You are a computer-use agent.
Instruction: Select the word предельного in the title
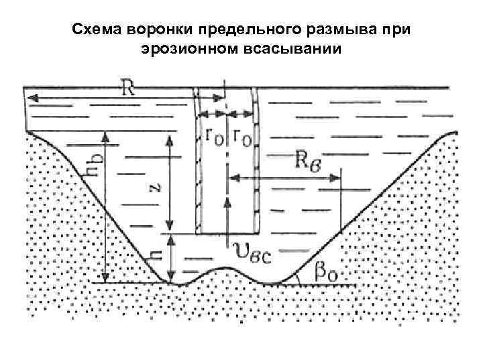click(233, 31)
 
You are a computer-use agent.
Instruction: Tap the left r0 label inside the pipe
click(214, 136)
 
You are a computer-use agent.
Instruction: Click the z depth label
click(154, 190)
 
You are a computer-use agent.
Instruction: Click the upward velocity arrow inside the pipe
click(228, 215)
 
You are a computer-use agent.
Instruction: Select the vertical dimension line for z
click(170, 181)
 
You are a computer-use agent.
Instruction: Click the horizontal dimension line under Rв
click(285, 178)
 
